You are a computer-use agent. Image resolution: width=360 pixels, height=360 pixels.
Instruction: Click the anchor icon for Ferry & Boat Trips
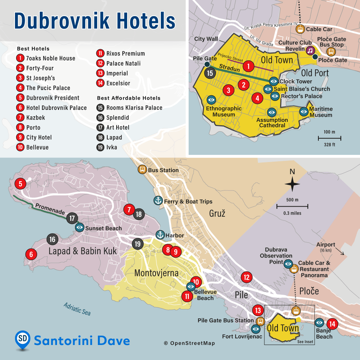[158, 201]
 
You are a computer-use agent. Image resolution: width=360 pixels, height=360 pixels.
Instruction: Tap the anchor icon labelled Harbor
[160, 235]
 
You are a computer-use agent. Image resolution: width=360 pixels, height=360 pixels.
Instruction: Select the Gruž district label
[217, 214]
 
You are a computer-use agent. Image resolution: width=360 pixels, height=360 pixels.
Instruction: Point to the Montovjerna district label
[156, 273]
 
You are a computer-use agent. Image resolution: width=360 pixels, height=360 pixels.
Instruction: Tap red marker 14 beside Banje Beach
[332, 324]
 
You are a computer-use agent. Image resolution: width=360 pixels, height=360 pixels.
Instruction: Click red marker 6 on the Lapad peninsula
[31, 254]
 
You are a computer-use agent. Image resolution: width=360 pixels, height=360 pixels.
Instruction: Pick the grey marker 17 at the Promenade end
[72, 218]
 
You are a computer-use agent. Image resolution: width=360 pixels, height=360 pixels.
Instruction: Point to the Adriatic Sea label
[77, 309]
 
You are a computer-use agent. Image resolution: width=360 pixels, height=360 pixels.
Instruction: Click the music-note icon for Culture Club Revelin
[310, 51]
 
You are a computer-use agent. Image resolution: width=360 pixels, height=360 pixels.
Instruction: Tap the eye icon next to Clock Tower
[274, 81]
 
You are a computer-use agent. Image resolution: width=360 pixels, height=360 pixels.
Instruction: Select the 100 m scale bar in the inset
[330, 138]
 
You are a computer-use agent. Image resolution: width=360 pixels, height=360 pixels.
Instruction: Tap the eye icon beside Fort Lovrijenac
[256, 329]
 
